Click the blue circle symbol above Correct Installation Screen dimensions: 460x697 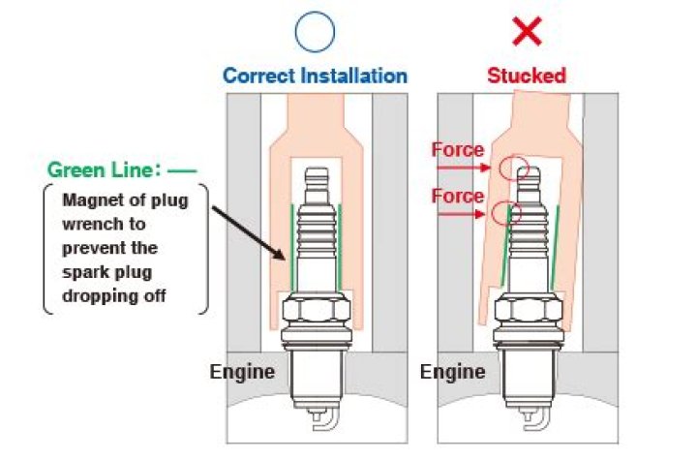point(316,32)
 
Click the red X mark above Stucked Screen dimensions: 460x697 point(527,32)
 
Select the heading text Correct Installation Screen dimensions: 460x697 point(316,75)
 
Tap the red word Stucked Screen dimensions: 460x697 point(527,75)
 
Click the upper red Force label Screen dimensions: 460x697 point(458,150)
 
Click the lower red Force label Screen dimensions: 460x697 point(458,197)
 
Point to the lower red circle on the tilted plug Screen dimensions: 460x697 point(505,211)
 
